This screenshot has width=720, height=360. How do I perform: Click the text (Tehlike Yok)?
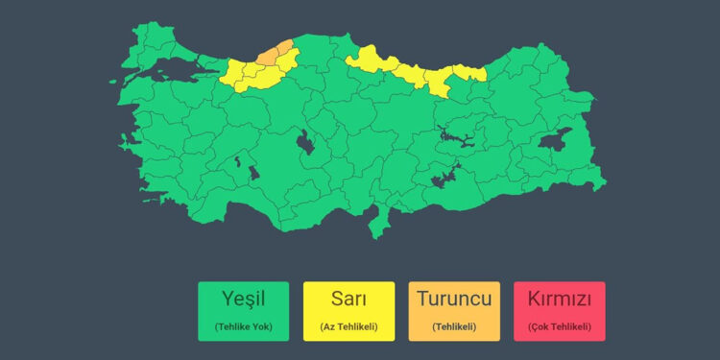243,326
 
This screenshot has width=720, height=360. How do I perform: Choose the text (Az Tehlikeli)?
348,326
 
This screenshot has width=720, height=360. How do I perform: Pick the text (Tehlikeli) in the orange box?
454,326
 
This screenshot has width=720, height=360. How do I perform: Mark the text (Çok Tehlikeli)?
559,326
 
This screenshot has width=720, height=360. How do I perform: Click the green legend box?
243,311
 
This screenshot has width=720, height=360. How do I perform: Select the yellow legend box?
348,311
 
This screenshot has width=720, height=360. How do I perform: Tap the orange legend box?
454,311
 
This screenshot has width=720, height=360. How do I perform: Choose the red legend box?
559,311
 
